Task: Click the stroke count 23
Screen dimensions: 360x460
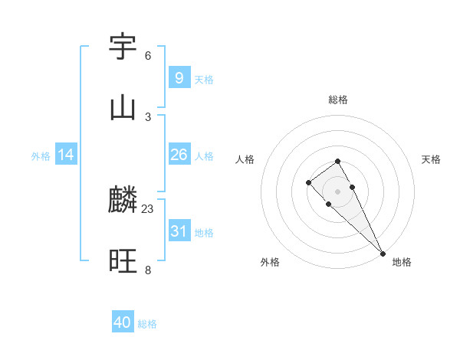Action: pos(148,209)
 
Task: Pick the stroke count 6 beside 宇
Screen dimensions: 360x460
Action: pos(148,56)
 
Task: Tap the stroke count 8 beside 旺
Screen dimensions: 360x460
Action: pos(148,270)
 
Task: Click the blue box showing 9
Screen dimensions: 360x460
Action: pos(179,78)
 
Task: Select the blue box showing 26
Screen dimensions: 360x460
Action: pos(179,155)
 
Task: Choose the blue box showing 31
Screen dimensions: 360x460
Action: pos(179,231)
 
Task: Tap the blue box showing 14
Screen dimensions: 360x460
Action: pos(66,155)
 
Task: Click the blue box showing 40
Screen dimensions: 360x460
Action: pos(123,322)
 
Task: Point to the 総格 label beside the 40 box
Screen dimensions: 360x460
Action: pos(147,324)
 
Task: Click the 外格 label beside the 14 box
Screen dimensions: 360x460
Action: pos(41,156)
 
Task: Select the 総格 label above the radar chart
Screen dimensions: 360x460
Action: pos(337,100)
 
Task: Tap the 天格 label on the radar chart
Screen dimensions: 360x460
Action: pos(431,159)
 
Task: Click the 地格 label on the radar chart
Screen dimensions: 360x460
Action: pos(402,262)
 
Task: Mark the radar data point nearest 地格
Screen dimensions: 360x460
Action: pos(383,253)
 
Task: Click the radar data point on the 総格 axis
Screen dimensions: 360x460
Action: pos(337,161)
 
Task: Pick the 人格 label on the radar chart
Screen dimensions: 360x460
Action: pos(245,159)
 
